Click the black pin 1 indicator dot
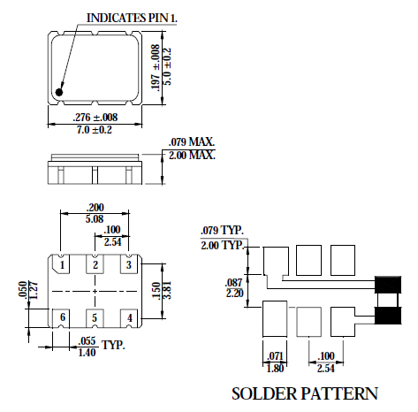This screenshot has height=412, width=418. point(60,90)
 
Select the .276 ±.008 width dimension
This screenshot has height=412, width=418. point(94,118)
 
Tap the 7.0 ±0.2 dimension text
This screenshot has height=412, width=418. point(94,130)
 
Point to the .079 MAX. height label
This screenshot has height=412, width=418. point(192,142)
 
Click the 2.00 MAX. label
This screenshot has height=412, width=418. point(192,156)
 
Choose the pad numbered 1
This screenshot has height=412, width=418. point(63,264)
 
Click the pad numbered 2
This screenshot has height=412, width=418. point(95,264)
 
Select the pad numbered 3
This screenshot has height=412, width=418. point(128,264)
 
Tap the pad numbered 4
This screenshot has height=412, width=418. point(129,317)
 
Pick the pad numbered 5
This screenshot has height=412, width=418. point(95,317)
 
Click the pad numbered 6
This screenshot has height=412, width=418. point(63,317)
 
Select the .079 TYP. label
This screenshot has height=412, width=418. point(221,233)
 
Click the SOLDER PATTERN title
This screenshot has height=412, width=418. point(304,393)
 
